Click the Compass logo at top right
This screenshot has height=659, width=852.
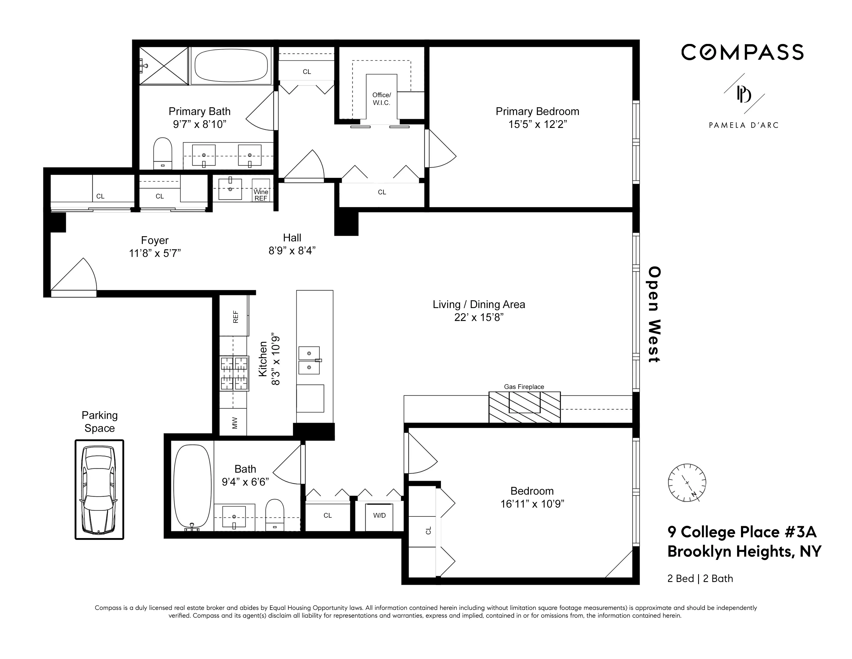pyautogui.click(x=742, y=52)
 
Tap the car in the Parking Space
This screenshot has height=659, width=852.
pyautogui.click(x=99, y=489)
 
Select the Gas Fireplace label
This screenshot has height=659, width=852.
pyautogui.click(x=524, y=387)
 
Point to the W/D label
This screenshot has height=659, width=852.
pyautogui.click(x=379, y=515)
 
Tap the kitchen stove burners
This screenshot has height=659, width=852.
pyautogui.click(x=234, y=374)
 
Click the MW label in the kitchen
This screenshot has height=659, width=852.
pyautogui.click(x=234, y=423)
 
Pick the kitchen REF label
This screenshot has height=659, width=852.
pyautogui.click(x=235, y=317)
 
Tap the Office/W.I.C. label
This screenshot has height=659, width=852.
pyautogui.click(x=381, y=99)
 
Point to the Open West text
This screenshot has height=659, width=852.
pyautogui.click(x=654, y=314)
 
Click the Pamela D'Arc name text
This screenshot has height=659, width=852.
pyautogui.click(x=743, y=125)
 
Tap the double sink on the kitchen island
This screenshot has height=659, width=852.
pyautogui.click(x=309, y=360)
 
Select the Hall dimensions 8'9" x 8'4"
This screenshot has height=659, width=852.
pyautogui.click(x=292, y=251)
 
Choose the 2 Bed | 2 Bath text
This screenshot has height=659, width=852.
pyautogui.click(x=700, y=579)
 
